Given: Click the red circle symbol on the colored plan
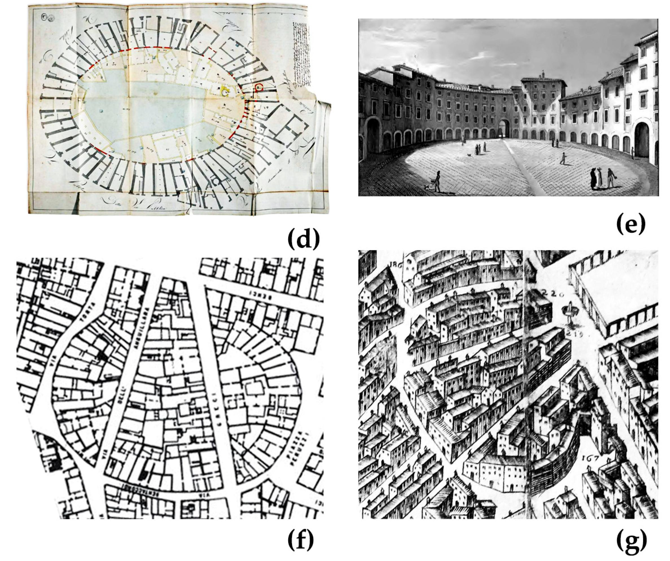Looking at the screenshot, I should (259, 86).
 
